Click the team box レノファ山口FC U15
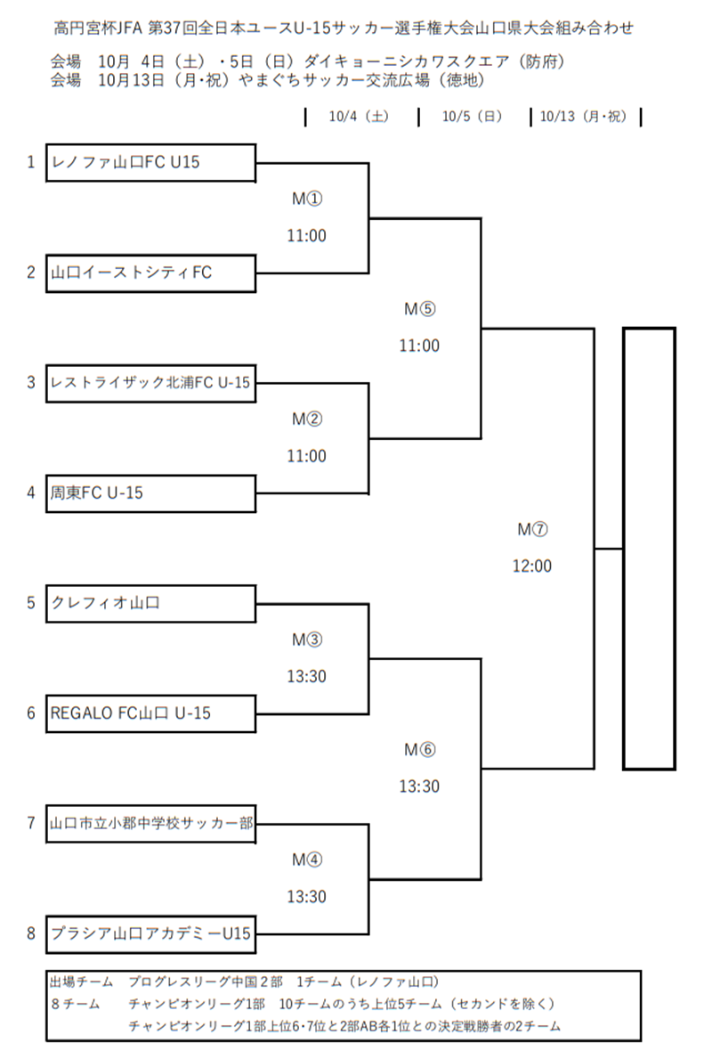pyautogui.click(x=151, y=162)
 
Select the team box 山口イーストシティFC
pyautogui.click(x=151, y=273)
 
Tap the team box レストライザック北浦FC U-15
pyautogui.click(x=151, y=383)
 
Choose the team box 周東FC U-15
pyautogui.click(x=151, y=493)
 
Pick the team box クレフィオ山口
pyautogui.click(x=151, y=603)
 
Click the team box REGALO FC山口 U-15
pyautogui.click(x=151, y=713)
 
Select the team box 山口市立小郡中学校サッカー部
pyautogui.click(x=151, y=824)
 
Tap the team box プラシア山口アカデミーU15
pyautogui.click(x=151, y=933)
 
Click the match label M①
pyautogui.click(x=306, y=199)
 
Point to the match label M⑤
pyautogui.click(x=419, y=309)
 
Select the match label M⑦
pyautogui.click(x=532, y=529)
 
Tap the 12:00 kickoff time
pyautogui.click(x=532, y=566)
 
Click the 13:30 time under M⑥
pyautogui.click(x=419, y=786)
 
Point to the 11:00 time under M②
pyautogui.click(x=306, y=456)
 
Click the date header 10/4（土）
pyautogui.click(x=360, y=117)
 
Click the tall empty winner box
pyautogui.click(x=648, y=548)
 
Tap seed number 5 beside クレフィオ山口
pyautogui.click(x=31, y=603)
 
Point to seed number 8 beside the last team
pyautogui.click(x=31, y=933)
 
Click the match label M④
pyautogui.click(x=306, y=860)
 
